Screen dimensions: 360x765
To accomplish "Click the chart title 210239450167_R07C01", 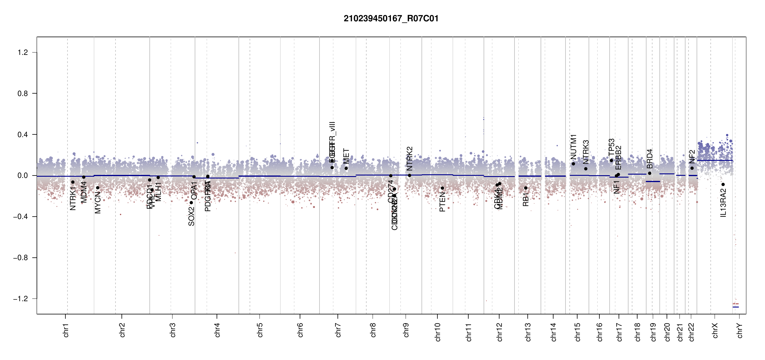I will (391, 19).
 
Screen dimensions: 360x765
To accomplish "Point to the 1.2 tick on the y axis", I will (22, 52).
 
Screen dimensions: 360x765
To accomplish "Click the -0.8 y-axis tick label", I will (20, 258).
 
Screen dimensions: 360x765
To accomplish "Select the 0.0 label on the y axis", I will (22, 175).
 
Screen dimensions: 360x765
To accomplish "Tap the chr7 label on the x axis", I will (338, 330).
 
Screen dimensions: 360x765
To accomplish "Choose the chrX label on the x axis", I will (715, 330).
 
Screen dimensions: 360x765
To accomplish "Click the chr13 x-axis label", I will (528, 332).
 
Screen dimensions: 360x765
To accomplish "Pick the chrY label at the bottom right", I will (739, 330).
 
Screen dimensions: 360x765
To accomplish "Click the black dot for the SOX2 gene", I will (191, 202).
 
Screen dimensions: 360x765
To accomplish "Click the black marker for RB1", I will (526, 188).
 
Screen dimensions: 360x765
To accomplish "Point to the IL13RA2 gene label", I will (723, 203).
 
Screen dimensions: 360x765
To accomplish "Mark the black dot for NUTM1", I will (573, 164).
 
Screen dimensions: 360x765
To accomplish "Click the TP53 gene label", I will (611, 147).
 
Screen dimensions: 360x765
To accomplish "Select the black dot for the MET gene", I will (346, 168).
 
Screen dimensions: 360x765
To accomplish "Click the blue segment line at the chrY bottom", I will (736, 307).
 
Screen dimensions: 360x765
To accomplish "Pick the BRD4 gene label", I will (649, 159).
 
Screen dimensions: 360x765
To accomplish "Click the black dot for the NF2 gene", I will (692, 168).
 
